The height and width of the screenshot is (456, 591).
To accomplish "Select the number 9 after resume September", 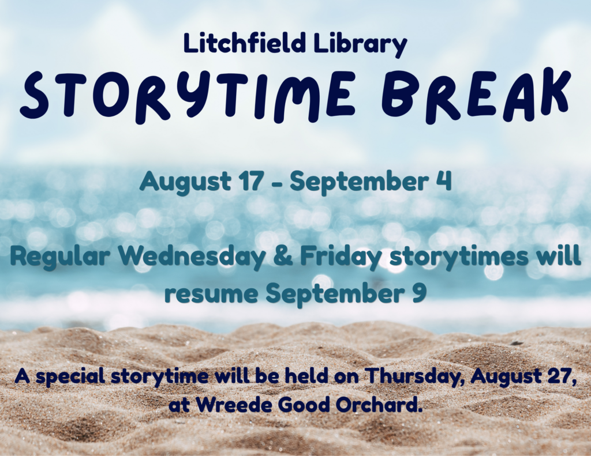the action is click(418, 293).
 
